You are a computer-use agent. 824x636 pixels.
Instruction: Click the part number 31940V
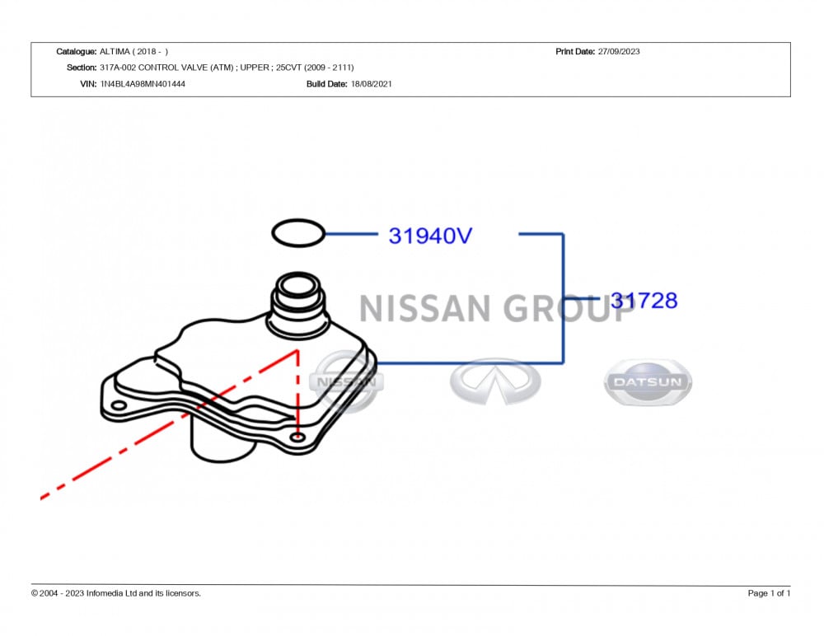coord(430,236)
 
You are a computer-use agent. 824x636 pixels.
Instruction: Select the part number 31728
coord(644,301)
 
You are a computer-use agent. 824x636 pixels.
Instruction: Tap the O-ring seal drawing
coord(297,233)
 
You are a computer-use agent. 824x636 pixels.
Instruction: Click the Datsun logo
coord(648,382)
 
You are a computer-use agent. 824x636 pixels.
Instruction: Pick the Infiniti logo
coord(495,381)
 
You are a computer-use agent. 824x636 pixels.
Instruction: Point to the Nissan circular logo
coord(346,381)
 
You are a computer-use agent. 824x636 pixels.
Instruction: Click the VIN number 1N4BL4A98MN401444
coord(143,83)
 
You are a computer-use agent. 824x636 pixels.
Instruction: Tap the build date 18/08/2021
coord(371,83)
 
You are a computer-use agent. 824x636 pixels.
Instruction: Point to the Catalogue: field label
coord(76,51)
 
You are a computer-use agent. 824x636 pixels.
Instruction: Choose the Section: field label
coord(81,68)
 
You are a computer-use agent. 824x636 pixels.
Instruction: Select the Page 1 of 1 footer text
coord(769,593)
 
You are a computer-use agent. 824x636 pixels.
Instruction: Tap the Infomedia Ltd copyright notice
coord(115,593)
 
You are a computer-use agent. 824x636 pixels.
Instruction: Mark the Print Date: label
coord(575,51)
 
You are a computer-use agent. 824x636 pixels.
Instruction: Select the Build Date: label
coord(327,83)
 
